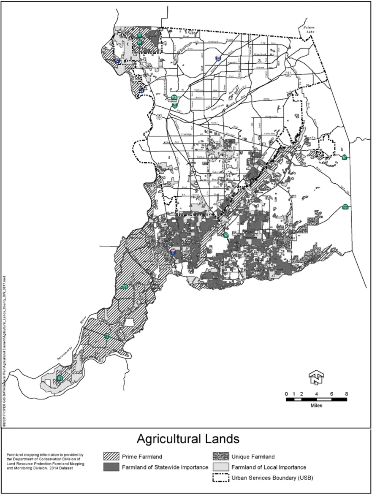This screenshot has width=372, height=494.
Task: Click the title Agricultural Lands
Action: pyautogui.click(x=188, y=439)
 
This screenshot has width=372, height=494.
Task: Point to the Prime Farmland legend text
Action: pyautogui.click(x=143, y=457)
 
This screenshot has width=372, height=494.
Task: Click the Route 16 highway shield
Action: pyautogui.click(x=345, y=157)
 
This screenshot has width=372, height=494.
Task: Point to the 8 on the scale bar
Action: pyautogui.click(x=347, y=394)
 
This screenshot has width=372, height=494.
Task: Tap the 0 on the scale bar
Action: pyautogui.click(x=287, y=394)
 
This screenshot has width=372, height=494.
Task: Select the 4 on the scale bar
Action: pyautogui.click(x=317, y=394)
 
